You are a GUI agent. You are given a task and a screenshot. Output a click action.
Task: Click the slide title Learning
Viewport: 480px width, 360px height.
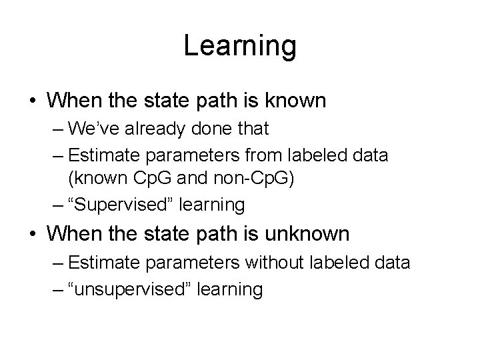239,46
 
